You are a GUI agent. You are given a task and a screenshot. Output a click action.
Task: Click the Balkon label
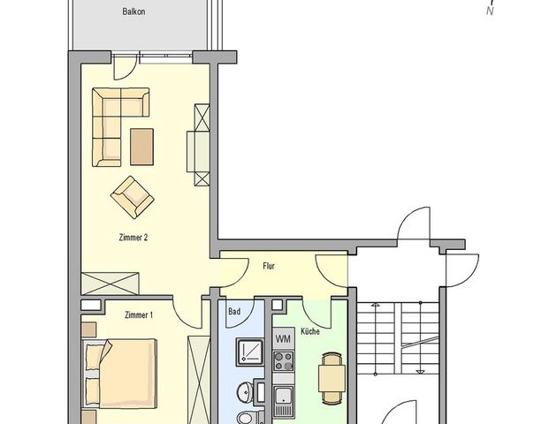134,12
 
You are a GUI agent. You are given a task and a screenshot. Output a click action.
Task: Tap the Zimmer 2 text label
133,237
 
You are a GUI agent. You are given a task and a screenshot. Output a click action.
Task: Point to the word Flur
269,264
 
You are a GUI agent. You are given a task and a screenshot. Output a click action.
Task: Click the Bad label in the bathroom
234,312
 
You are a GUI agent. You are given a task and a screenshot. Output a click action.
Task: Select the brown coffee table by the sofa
141,145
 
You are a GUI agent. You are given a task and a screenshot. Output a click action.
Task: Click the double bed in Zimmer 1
116,372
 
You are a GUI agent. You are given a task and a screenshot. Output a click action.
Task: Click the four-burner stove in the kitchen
284,361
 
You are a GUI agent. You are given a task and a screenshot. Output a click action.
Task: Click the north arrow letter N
489,36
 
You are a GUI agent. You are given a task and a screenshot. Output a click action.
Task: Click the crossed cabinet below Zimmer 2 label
110,284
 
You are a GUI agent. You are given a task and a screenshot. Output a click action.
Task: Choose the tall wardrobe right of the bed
196,376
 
